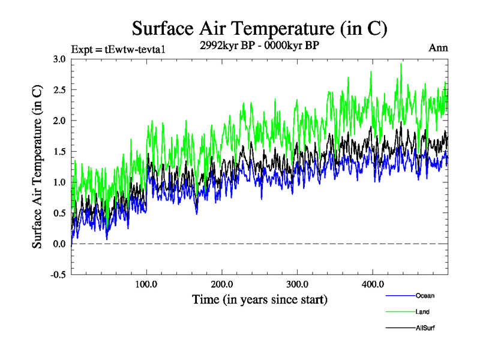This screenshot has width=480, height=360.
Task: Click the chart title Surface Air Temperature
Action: (259, 28)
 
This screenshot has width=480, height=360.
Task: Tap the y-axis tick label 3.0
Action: (59, 59)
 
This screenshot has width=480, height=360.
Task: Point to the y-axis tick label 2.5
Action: (59, 90)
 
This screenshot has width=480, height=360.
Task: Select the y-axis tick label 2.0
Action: (59, 121)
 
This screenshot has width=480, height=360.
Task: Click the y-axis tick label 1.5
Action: (59, 151)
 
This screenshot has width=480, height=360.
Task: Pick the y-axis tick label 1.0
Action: (59, 182)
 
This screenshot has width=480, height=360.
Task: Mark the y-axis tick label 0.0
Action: (59, 244)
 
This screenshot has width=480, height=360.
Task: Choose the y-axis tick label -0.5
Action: (57, 275)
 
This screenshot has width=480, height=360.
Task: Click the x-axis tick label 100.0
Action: (147, 284)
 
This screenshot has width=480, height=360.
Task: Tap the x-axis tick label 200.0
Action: (222, 284)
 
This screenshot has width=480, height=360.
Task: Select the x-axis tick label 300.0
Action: (298, 284)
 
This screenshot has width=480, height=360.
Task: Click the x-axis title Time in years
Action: (260, 299)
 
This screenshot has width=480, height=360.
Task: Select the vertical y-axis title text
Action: (37, 167)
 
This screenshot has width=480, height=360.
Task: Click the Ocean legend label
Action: (425, 296)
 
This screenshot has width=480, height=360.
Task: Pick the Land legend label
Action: (422, 312)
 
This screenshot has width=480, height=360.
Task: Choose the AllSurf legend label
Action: (425, 328)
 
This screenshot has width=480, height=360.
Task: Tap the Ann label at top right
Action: (439, 48)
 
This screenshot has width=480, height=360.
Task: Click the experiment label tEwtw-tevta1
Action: (118, 49)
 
